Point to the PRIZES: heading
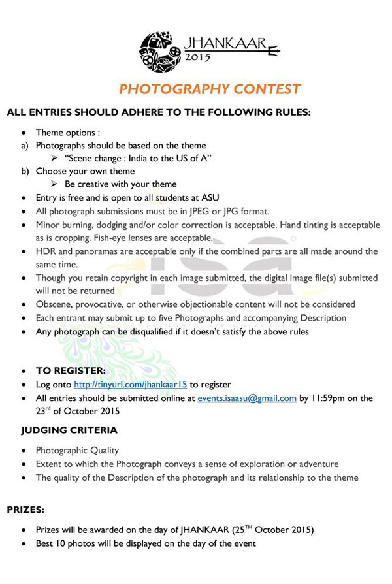click(x=26, y=508)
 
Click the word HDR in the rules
click(x=46, y=251)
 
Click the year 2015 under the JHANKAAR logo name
click(x=197, y=57)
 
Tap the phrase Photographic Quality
click(x=77, y=451)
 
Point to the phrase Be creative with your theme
click(x=120, y=184)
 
